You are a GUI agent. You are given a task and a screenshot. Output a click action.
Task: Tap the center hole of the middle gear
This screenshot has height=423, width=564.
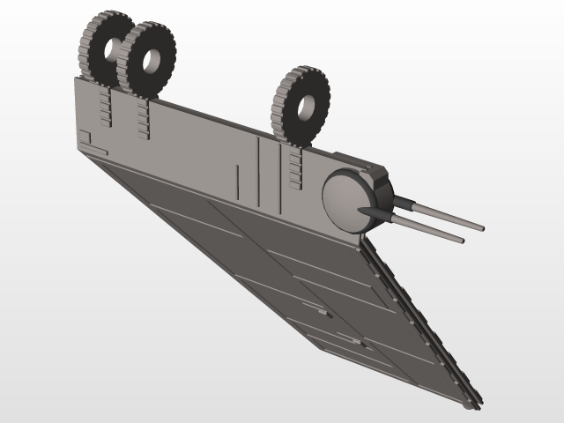tap(152, 60)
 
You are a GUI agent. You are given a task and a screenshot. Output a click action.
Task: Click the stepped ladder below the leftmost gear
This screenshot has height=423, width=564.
tap(107, 107)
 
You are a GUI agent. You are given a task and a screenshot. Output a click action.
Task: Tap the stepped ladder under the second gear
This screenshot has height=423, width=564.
tap(142, 119)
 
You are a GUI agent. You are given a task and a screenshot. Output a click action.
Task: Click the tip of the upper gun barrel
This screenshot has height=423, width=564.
tap(482, 226)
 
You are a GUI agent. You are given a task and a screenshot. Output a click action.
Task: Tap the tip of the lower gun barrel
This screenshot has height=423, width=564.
tap(461, 239)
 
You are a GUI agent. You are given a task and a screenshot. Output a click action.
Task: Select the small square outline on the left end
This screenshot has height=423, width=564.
tap(85, 136)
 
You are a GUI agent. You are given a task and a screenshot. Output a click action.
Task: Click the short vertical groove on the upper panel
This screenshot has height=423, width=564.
tap(238, 176)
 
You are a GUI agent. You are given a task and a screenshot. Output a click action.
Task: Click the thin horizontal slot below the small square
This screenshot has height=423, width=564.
tap(98, 152)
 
